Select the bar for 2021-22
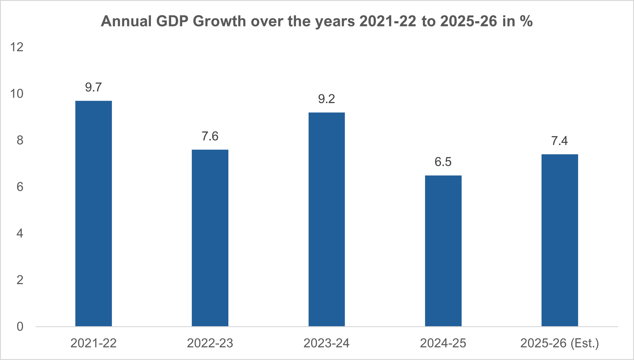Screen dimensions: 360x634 coord(93,213)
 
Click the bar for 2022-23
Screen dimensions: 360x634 coord(210,238)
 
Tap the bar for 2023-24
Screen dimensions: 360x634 coord(326,219)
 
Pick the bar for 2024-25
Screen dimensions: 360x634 coord(443,251)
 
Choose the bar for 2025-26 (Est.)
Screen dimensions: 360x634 coord(560,240)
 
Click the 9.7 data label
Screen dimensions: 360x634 coord(93,88)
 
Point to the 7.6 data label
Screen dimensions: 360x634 coord(210,136)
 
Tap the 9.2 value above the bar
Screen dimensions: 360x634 coord(326,99)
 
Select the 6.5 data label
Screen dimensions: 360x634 coord(443,162)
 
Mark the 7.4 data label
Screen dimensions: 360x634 coord(559,141)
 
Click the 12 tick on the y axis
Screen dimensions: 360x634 coord(17,47)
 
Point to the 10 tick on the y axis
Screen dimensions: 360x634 coord(17,94)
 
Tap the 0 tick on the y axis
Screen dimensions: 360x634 coord(20,327)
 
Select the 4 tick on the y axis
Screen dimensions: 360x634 coord(20,234)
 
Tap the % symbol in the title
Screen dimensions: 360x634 coord(526,22)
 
